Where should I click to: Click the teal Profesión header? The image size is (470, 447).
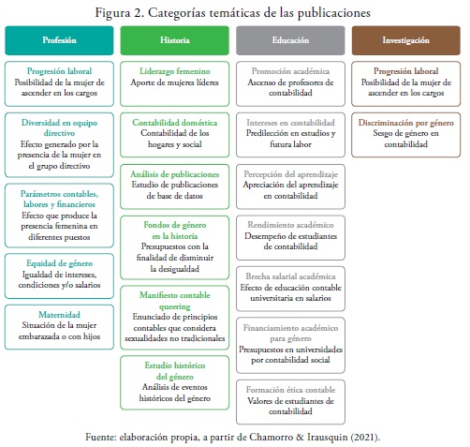[x=59, y=40]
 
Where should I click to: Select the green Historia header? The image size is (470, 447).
[x=175, y=40]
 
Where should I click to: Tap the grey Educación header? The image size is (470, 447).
[x=290, y=40]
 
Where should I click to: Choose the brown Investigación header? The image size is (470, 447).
[x=406, y=40]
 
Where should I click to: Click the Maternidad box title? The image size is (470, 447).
[x=59, y=315]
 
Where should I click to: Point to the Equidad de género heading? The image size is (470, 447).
[x=59, y=263]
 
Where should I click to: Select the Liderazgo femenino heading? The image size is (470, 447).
[x=175, y=71]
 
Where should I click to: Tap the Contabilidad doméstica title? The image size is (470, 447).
[x=175, y=123]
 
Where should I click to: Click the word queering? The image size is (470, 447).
[x=175, y=306]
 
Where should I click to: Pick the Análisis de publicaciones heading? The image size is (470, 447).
[x=175, y=174]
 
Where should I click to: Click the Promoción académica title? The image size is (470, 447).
[x=290, y=71]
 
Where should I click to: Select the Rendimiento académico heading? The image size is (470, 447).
[x=290, y=225]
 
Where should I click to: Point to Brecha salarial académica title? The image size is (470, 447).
[x=290, y=276]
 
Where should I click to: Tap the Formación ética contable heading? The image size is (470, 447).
[x=290, y=390]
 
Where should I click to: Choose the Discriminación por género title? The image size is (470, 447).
[x=406, y=123]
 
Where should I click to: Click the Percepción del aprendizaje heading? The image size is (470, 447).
[x=290, y=174]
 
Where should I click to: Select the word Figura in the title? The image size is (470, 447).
[x=112, y=13]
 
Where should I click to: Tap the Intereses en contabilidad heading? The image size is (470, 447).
[x=290, y=123]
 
